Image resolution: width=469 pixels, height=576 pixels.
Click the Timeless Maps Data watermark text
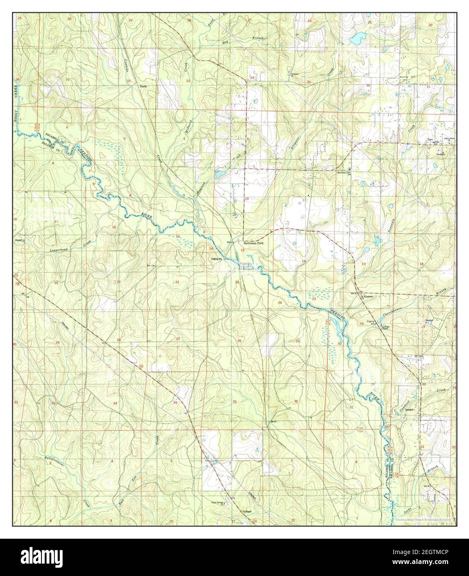(423, 519)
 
